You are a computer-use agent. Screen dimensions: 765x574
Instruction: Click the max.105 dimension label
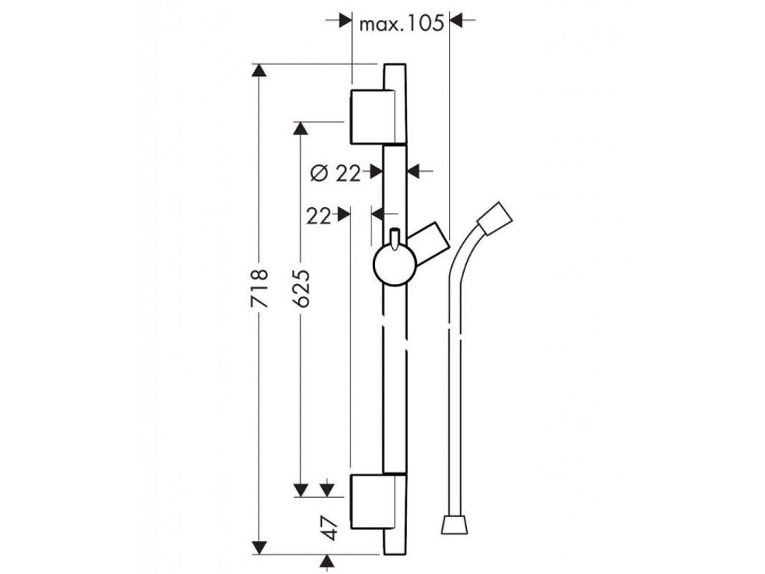pyautogui.click(x=402, y=23)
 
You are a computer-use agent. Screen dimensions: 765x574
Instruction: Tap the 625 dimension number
pyautogui.click(x=302, y=288)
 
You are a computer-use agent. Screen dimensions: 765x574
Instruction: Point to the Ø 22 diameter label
pyautogui.click(x=335, y=173)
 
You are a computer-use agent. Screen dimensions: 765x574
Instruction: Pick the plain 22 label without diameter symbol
pyautogui.click(x=318, y=215)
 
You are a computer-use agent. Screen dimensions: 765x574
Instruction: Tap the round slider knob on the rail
pyautogui.click(x=395, y=266)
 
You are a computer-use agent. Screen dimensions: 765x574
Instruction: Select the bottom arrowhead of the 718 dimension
pyautogui.click(x=259, y=549)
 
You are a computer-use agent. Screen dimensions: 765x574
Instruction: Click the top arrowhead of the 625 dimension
pyautogui.click(x=301, y=129)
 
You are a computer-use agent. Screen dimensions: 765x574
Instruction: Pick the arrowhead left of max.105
pyautogui.click(x=344, y=22)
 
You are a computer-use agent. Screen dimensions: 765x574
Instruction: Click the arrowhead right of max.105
pyautogui.click(x=458, y=22)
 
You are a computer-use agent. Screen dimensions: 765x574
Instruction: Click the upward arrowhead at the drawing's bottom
pyautogui.click(x=327, y=561)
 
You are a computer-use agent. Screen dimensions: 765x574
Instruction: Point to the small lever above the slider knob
pyautogui.click(x=394, y=238)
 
